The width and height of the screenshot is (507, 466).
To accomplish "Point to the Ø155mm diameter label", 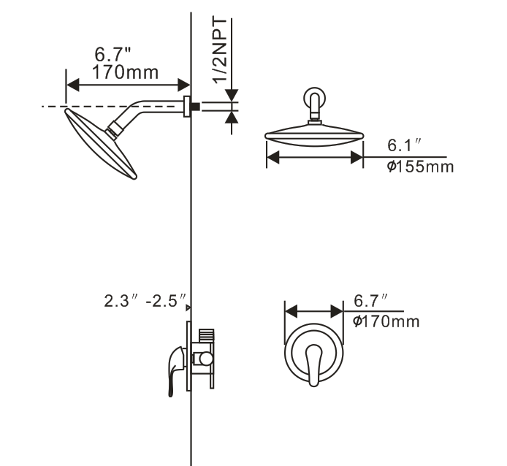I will tap(420, 167).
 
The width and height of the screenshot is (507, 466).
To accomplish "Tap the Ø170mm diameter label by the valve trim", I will tap(386, 321).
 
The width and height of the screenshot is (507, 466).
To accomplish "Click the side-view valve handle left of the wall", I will tap(172, 370).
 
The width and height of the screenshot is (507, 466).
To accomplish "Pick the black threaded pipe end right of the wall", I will tap(195, 107).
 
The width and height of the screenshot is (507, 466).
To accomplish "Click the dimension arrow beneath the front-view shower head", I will tap(314, 156).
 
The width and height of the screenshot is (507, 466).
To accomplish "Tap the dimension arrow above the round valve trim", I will tap(313, 311).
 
